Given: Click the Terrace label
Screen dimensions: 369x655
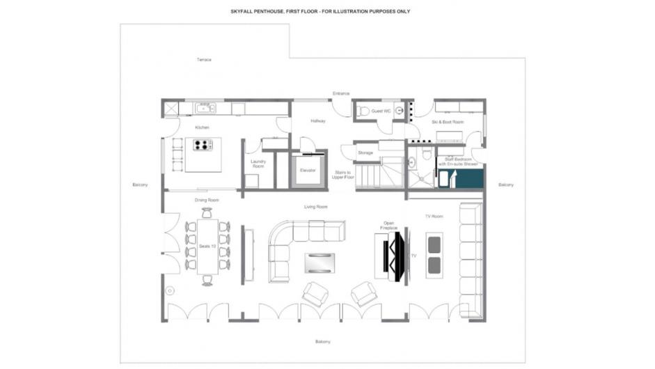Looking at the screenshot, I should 203,60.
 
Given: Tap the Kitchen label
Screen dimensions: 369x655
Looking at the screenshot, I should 202,127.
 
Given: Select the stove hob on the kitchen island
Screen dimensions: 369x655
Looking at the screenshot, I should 203,146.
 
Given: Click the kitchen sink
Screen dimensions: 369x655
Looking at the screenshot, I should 205,108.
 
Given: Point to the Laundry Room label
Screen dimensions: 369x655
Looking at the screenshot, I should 258,164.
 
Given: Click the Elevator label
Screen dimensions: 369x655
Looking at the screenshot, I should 308,171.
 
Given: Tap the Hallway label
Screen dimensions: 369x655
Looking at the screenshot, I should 318,121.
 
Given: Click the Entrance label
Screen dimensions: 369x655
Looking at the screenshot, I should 341,93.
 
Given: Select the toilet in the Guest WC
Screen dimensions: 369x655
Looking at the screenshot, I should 362,111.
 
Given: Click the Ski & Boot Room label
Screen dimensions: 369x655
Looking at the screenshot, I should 448,122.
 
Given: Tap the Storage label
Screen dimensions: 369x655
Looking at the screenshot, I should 365,152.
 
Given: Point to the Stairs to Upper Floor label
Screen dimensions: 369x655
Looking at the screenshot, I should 342,175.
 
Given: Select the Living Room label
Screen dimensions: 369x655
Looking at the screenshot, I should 316,207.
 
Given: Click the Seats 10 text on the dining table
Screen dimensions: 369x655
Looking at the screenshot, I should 207,246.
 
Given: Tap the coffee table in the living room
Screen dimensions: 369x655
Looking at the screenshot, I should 320,262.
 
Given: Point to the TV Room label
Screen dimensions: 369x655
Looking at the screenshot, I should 434,217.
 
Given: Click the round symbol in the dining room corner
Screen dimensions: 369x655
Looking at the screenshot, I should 170,290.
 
